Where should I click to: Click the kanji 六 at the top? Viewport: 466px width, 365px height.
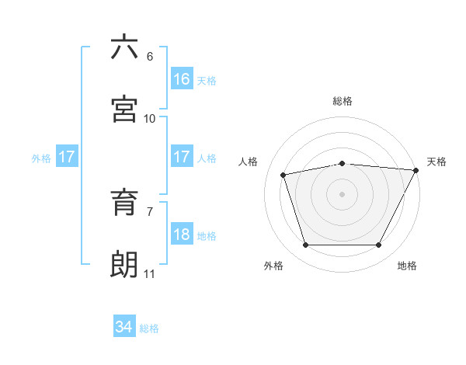tap(124, 47)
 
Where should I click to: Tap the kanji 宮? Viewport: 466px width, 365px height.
tap(124, 109)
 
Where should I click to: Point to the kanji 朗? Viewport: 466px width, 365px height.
tap(124, 264)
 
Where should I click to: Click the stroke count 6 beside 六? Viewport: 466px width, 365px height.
tap(150, 57)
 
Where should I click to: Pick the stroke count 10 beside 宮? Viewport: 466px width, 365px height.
tap(150, 119)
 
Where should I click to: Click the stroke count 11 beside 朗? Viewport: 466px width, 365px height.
tap(150, 274)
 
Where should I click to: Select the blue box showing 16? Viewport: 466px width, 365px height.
tap(182, 79)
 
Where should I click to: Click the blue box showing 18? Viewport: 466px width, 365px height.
tap(182, 235)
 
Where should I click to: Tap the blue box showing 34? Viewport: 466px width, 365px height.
tap(123, 327)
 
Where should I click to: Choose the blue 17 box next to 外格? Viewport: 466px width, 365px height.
tap(67, 157)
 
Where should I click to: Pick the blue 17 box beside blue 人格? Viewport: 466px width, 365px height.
tap(182, 157)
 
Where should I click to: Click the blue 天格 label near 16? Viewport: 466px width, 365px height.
tap(207, 81)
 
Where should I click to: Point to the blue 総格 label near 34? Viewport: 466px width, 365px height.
tap(149, 328)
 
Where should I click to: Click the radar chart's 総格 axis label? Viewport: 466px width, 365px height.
tap(343, 101)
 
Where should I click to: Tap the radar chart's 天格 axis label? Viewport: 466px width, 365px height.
tap(436, 162)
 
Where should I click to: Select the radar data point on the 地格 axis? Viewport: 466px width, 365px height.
tap(379, 245)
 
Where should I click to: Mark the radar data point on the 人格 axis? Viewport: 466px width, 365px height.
tap(283, 175)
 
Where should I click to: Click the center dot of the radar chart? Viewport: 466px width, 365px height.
tap(343, 193)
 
